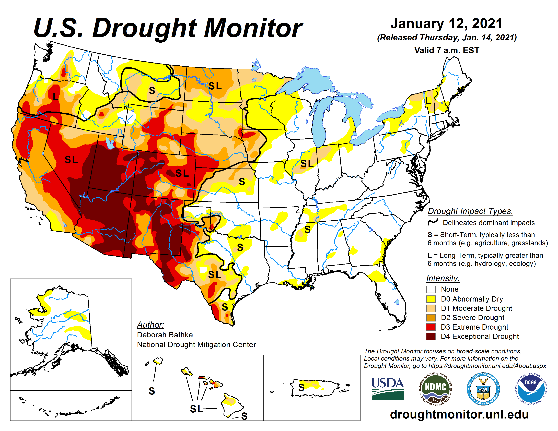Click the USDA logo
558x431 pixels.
point(387,389)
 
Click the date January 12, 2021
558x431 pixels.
point(446,23)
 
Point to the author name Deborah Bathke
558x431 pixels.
point(165,335)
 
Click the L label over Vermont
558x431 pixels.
point(428,100)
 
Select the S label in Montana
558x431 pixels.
point(152,90)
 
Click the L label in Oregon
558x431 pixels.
point(55,97)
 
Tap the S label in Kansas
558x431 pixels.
point(242,182)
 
